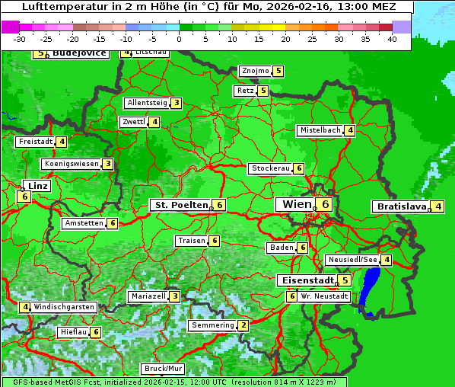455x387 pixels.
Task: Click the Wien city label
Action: tap(297, 204)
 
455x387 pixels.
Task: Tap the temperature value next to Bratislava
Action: tap(438, 206)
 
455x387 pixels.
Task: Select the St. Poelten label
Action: tap(180, 205)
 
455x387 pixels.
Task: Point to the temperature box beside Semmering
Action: tap(243, 325)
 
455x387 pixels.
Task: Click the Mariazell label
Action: tap(148, 296)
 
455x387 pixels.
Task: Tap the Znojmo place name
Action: tap(255, 71)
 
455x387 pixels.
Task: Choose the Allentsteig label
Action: tap(147, 103)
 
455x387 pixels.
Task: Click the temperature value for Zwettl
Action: tap(154, 122)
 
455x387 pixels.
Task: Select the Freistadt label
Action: tap(35, 142)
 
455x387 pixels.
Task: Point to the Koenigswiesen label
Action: tap(71, 164)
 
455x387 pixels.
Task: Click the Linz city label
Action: tap(37, 186)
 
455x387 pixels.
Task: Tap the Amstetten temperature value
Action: tap(112, 223)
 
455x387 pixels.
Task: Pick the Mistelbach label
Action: tap(320, 130)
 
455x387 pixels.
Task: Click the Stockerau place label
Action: tap(270, 168)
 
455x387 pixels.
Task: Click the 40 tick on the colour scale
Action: tap(392, 38)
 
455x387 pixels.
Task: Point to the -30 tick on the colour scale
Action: tap(20, 38)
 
